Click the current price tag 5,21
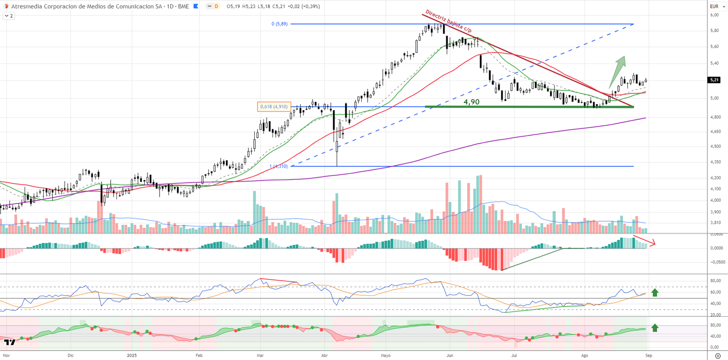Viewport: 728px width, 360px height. [x=714, y=80]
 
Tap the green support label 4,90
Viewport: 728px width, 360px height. [x=471, y=102]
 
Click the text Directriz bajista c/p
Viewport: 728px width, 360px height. [x=448, y=21]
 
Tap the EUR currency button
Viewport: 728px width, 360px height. [x=714, y=6]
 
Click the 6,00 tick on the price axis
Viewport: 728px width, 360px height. [x=714, y=15]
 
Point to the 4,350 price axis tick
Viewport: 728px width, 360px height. [x=715, y=162]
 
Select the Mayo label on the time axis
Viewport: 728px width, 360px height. [x=385, y=355]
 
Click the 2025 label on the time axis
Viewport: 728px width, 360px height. [x=131, y=355]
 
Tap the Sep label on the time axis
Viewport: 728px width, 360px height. [x=648, y=355]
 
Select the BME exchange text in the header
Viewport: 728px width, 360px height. [x=183, y=6]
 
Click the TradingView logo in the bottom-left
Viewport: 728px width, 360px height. [x=10, y=342]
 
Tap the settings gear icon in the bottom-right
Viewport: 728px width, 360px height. [x=718, y=355]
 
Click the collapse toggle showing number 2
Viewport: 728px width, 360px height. [x=9, y=16]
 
